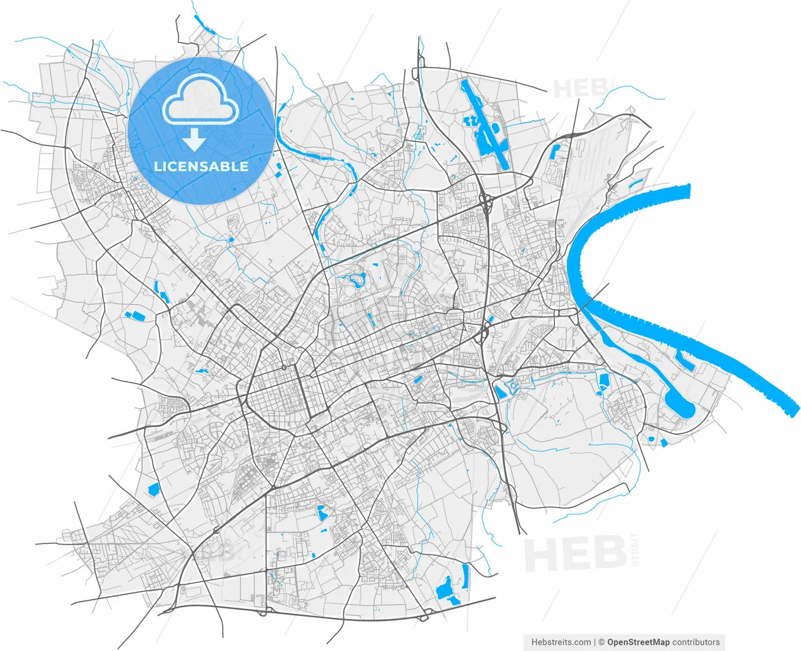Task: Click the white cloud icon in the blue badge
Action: click(x=200, y=100)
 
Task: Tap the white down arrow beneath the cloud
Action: click(x=194, y=140)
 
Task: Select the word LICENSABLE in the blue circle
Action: click(x=201, y=167)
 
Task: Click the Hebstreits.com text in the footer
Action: click(x=561, y=642)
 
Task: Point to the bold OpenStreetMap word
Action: click(x=638, y=642)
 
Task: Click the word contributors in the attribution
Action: click(x=696, y=642)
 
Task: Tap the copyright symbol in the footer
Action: click(x=601, y=642)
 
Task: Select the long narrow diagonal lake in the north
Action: click(x=485, y=125)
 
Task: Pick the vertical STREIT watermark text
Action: click(x=635, y=549)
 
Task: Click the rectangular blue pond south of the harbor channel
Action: click(x=604, y=380)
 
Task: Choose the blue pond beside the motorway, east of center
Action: click(x=501, y=392)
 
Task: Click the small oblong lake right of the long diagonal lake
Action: click(x=554, y=150)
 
